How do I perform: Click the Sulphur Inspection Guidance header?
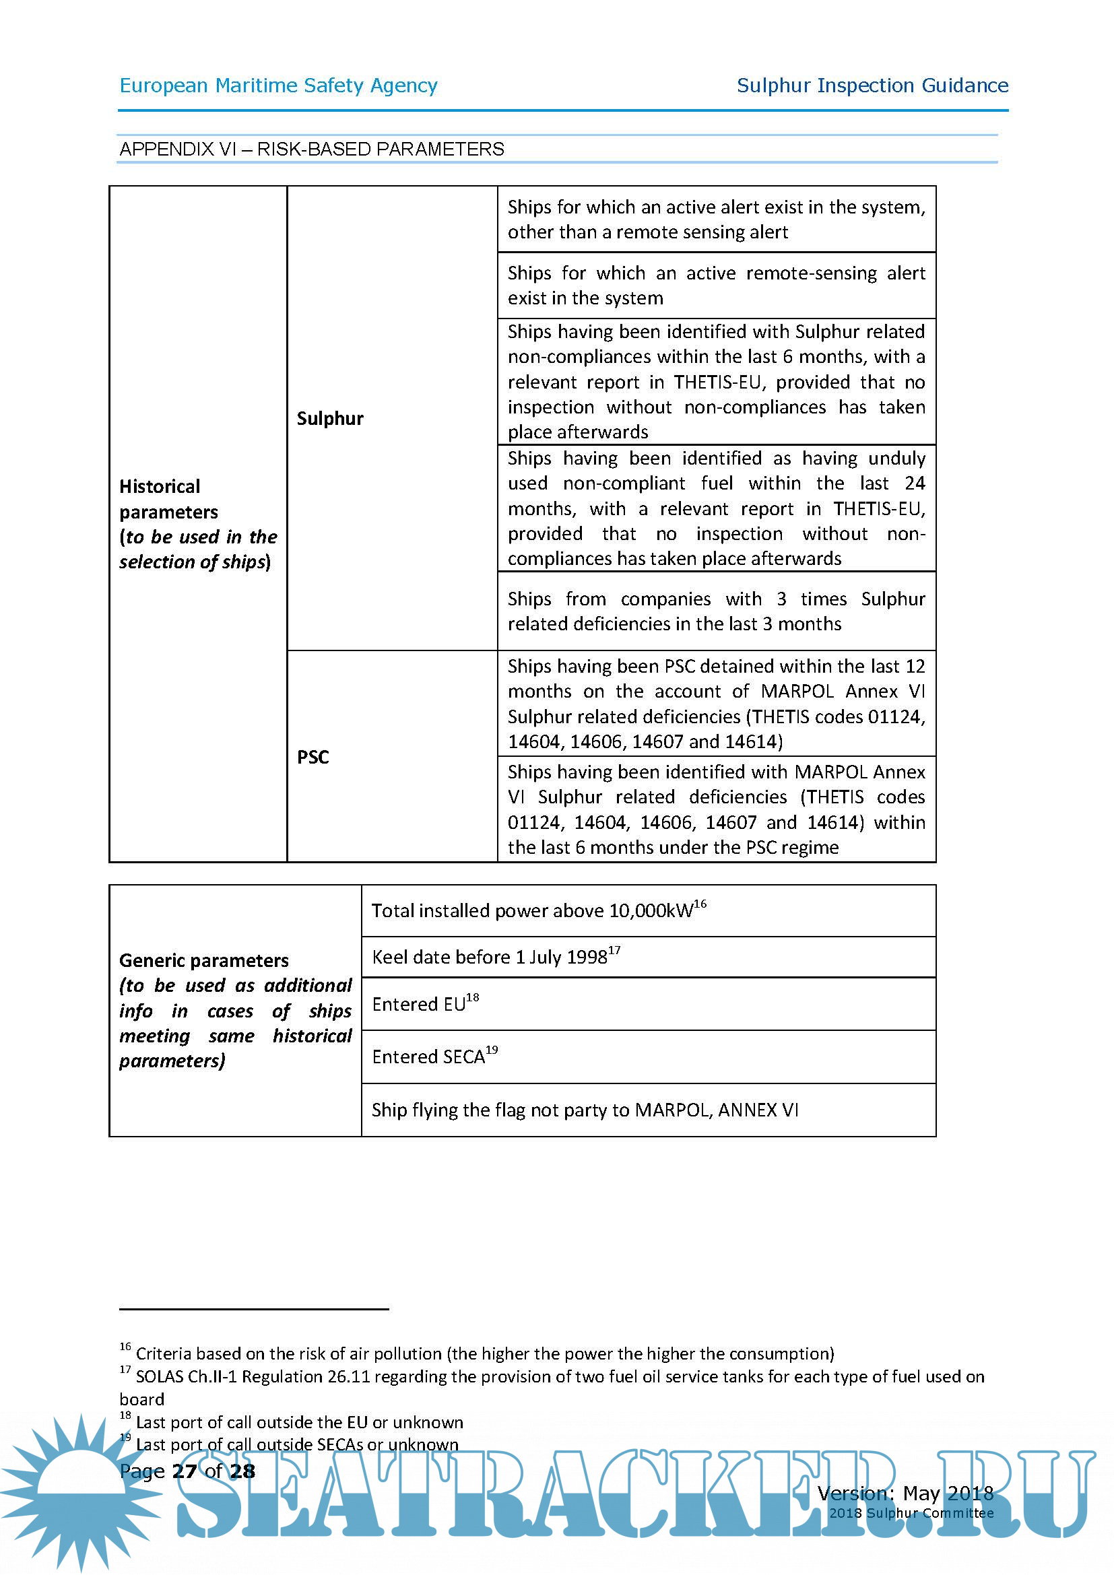pos(872,86)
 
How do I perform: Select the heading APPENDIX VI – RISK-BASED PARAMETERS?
pos(311,149)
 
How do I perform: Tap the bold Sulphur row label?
pos(330,418)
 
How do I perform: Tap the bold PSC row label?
pos(313,757)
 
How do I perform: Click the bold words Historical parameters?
pos(168,499)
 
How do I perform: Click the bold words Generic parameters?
pos(203,960)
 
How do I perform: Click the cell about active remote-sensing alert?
pos(715,286)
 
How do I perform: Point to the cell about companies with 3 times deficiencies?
pos(715,611)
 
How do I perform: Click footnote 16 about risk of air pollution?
pos(484,1353)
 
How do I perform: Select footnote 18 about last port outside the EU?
pos(298,1422)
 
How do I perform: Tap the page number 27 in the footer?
pos(184,1471)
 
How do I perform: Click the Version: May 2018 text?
pos(905,1494)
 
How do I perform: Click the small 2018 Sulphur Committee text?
pos(911,1512)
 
